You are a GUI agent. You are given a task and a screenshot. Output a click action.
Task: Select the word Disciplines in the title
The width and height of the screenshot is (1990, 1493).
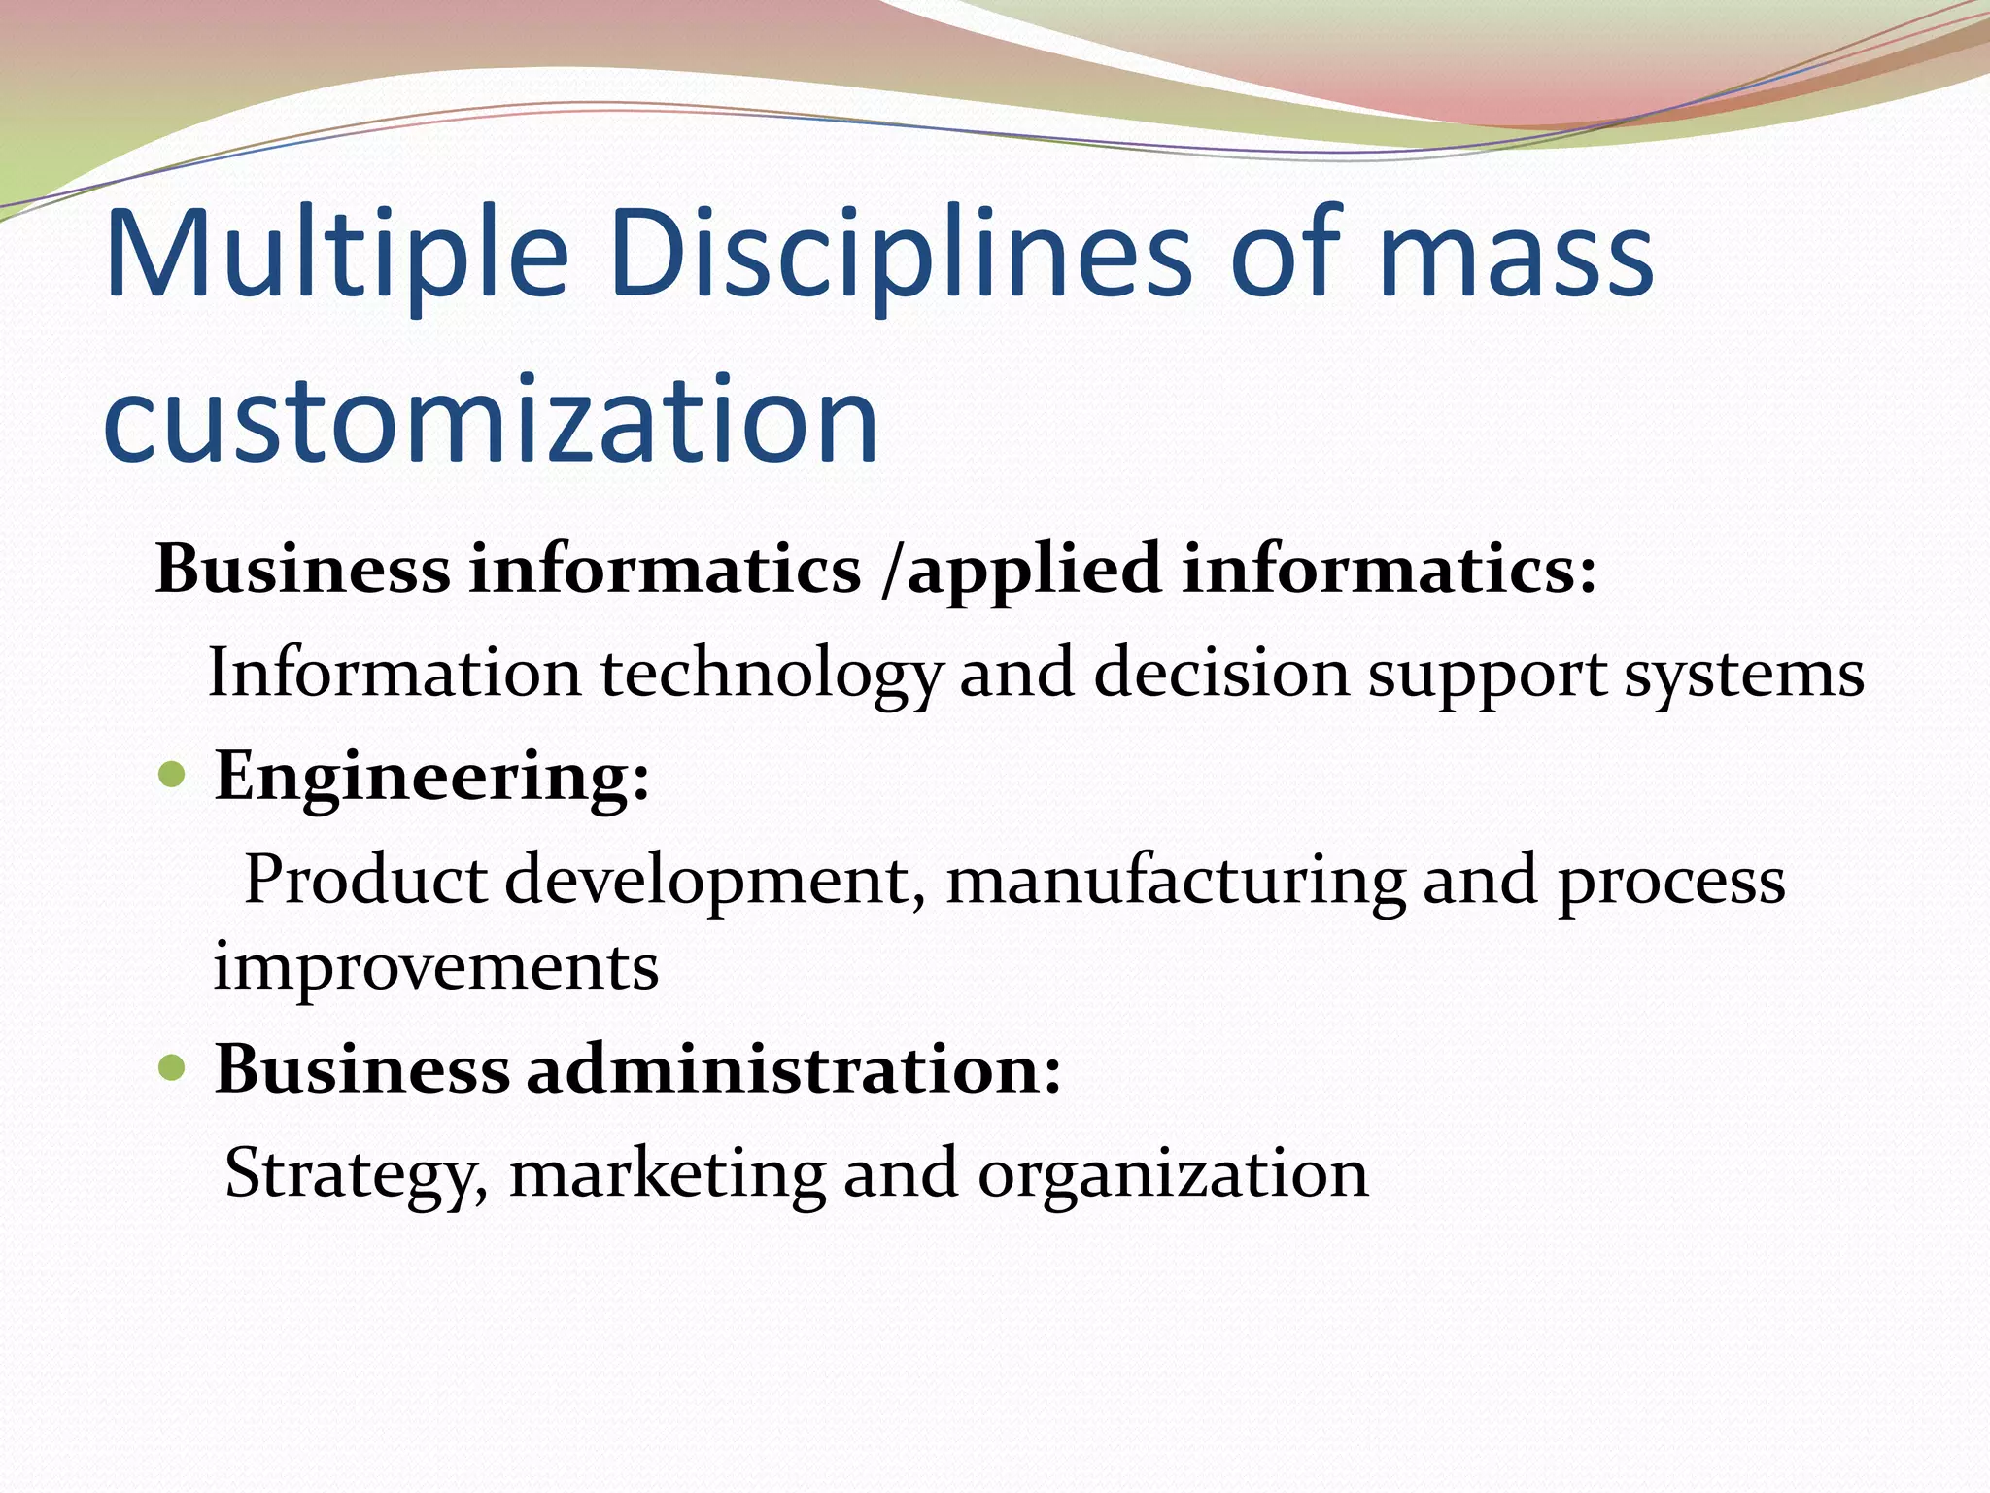coord(900,255)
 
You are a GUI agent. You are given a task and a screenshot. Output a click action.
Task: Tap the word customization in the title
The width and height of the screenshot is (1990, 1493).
coord(491,420)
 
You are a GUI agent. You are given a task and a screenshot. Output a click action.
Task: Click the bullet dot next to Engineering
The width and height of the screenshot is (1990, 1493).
coord(171,775)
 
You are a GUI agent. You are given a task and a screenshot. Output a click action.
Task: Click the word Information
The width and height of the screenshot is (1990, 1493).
coord(394,673)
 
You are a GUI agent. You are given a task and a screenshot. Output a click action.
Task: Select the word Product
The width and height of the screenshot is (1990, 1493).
coord(364,880)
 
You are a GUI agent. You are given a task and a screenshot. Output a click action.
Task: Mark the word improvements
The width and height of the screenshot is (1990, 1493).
coord(436,967)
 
